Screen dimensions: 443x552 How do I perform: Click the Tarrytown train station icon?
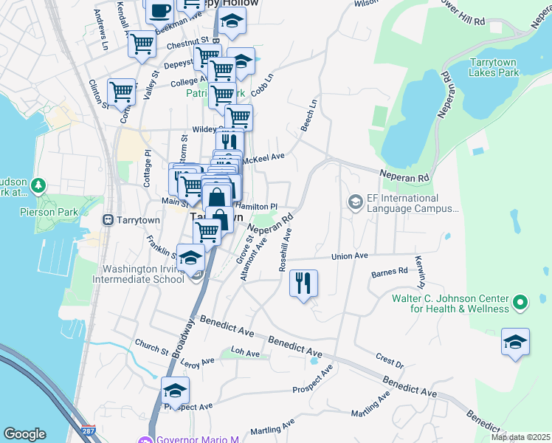pos(108,219)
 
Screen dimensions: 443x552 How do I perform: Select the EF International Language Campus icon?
pos(356,202)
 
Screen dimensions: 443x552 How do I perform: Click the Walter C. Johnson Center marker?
pos(520,302)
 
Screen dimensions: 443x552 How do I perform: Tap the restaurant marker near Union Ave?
pos(303,284)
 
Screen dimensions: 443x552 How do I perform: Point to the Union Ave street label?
pos(349,256)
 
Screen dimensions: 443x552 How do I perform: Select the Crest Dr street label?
pos(390,360)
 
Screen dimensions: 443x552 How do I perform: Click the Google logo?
pos(24,434)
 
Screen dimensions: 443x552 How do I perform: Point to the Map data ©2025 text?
pos(520,437)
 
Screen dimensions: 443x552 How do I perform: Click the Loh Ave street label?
pos(246,353)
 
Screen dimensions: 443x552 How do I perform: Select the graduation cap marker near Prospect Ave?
pos(176,391)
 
